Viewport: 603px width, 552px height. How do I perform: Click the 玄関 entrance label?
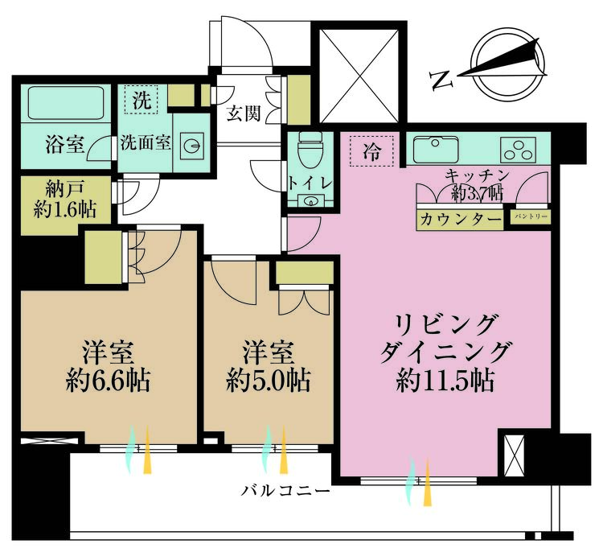pos(242,113)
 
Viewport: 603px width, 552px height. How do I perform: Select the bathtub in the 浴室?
pos(67,104)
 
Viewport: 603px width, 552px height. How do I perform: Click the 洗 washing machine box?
pos(142,101)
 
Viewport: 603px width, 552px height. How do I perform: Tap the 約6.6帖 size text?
pos(109,379)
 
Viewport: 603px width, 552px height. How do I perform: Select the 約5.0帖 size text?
pos(269,379)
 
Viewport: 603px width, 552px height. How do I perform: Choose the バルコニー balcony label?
pos(286,489)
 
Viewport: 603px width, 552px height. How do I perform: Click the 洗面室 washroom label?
pos(145,143)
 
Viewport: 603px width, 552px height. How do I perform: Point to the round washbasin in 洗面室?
pos(193,146)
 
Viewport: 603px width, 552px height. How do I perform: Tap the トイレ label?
pos(309,183)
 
